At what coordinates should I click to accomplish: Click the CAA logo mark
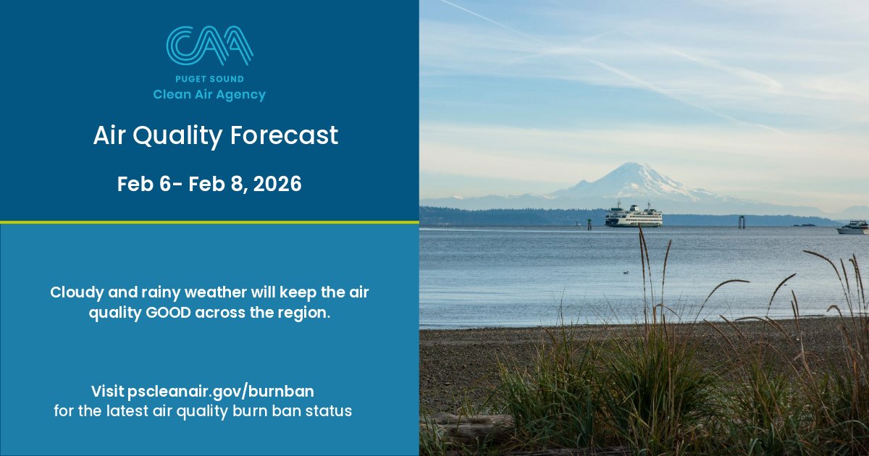point(209,46)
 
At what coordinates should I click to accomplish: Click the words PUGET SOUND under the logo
point(209,79)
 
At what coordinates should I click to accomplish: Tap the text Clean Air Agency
point(209,95)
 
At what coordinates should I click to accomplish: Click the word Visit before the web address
point(107,392)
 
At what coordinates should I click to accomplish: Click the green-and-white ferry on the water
point(634,216)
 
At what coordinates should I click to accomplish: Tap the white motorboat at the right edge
point(853,228)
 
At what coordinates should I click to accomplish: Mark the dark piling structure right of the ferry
point(742,221)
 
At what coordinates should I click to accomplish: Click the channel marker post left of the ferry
point(589,224)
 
